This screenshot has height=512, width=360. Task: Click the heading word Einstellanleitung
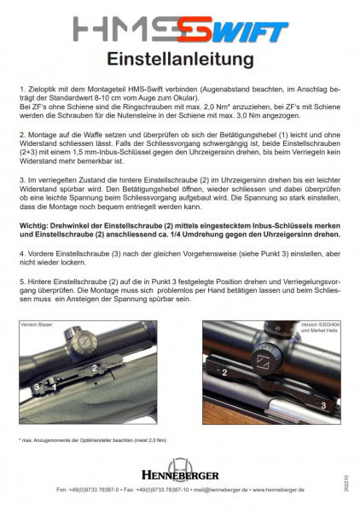tap(180, 60)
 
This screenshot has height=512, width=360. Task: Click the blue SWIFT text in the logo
tap(250, 32)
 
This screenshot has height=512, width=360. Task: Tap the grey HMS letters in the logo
tap(125, 29)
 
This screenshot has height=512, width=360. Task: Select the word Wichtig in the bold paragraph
tap(32, 225)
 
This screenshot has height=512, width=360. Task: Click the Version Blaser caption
tap(36, 324)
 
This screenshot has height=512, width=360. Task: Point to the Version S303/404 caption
tap(320, 324)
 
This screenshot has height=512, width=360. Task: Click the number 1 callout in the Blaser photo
tap(55, 387)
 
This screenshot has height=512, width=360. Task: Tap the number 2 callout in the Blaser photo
tap(95, 368)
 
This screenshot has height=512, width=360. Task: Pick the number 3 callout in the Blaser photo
tap(37, 387)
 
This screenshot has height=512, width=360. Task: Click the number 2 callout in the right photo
tap(224, 372)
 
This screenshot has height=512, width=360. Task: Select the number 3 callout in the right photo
tap(323, 405)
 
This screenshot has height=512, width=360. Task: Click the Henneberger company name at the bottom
tap(180, 475)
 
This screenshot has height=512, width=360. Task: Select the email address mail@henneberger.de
tap(221, 490)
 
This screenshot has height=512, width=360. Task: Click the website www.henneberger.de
tap(278, 490)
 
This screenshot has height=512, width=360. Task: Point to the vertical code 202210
tap(346, 483)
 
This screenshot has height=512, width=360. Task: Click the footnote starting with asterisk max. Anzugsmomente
tap(93, 440)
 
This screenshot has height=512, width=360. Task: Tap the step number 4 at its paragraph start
tap(22, 253)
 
